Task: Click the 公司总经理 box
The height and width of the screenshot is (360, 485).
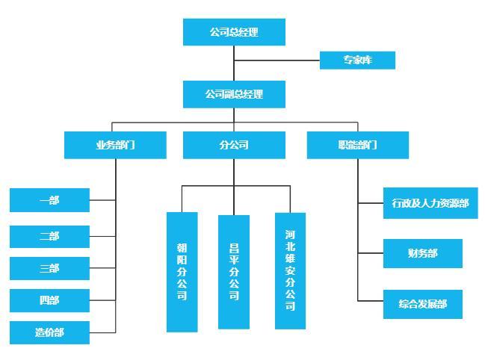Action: point(234,32)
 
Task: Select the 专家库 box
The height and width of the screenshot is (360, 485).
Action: point(357,60)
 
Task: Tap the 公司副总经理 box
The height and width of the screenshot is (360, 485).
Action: point(234,94)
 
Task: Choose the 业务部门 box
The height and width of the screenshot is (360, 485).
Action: point(115,145)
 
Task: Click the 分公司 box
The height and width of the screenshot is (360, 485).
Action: point(234,145)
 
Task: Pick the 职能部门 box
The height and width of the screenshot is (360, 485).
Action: point(358,145)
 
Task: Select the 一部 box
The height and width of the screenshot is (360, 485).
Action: point(50,200)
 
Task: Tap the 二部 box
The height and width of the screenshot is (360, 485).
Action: point(50,237)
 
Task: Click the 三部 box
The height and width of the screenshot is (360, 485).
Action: point(50,268)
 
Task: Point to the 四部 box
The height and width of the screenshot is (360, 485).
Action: point(50,300)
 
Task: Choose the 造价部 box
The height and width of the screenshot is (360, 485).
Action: point(50,332)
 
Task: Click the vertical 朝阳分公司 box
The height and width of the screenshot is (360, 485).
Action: point(182,272)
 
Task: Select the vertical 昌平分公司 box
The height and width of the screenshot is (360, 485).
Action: point(234,272)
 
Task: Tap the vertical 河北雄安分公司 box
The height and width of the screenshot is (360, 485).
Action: point(290,270)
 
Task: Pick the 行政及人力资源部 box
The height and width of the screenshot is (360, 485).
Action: point(430,203)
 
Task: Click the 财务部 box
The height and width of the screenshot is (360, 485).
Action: point(423,253)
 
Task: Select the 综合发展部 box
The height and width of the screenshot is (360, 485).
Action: point(423,304)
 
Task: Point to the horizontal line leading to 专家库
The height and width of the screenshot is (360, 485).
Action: point(277,60)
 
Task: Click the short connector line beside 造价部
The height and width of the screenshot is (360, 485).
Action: point(102,333)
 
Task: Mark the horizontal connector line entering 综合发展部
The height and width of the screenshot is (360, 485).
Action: point(371,301)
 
